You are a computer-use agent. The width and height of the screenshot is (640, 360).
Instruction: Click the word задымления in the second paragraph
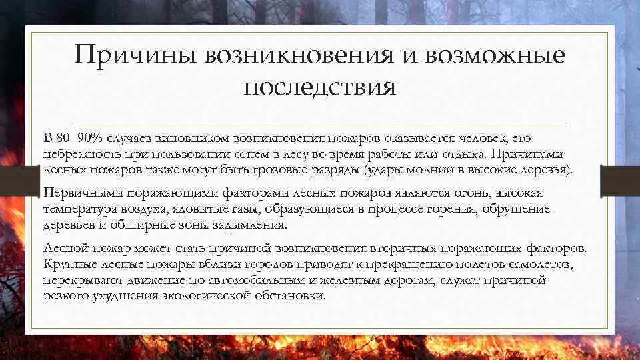[x=252, y=225]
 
